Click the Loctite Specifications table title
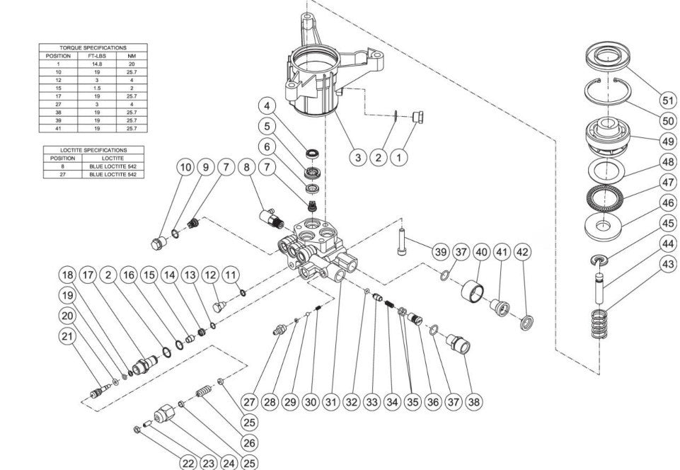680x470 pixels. pos(93,150)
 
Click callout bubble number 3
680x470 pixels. pos(359,156)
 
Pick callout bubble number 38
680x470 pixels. pos(474,401)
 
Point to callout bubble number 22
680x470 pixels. pos(187,463)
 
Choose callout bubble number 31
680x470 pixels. pos(330,401)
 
